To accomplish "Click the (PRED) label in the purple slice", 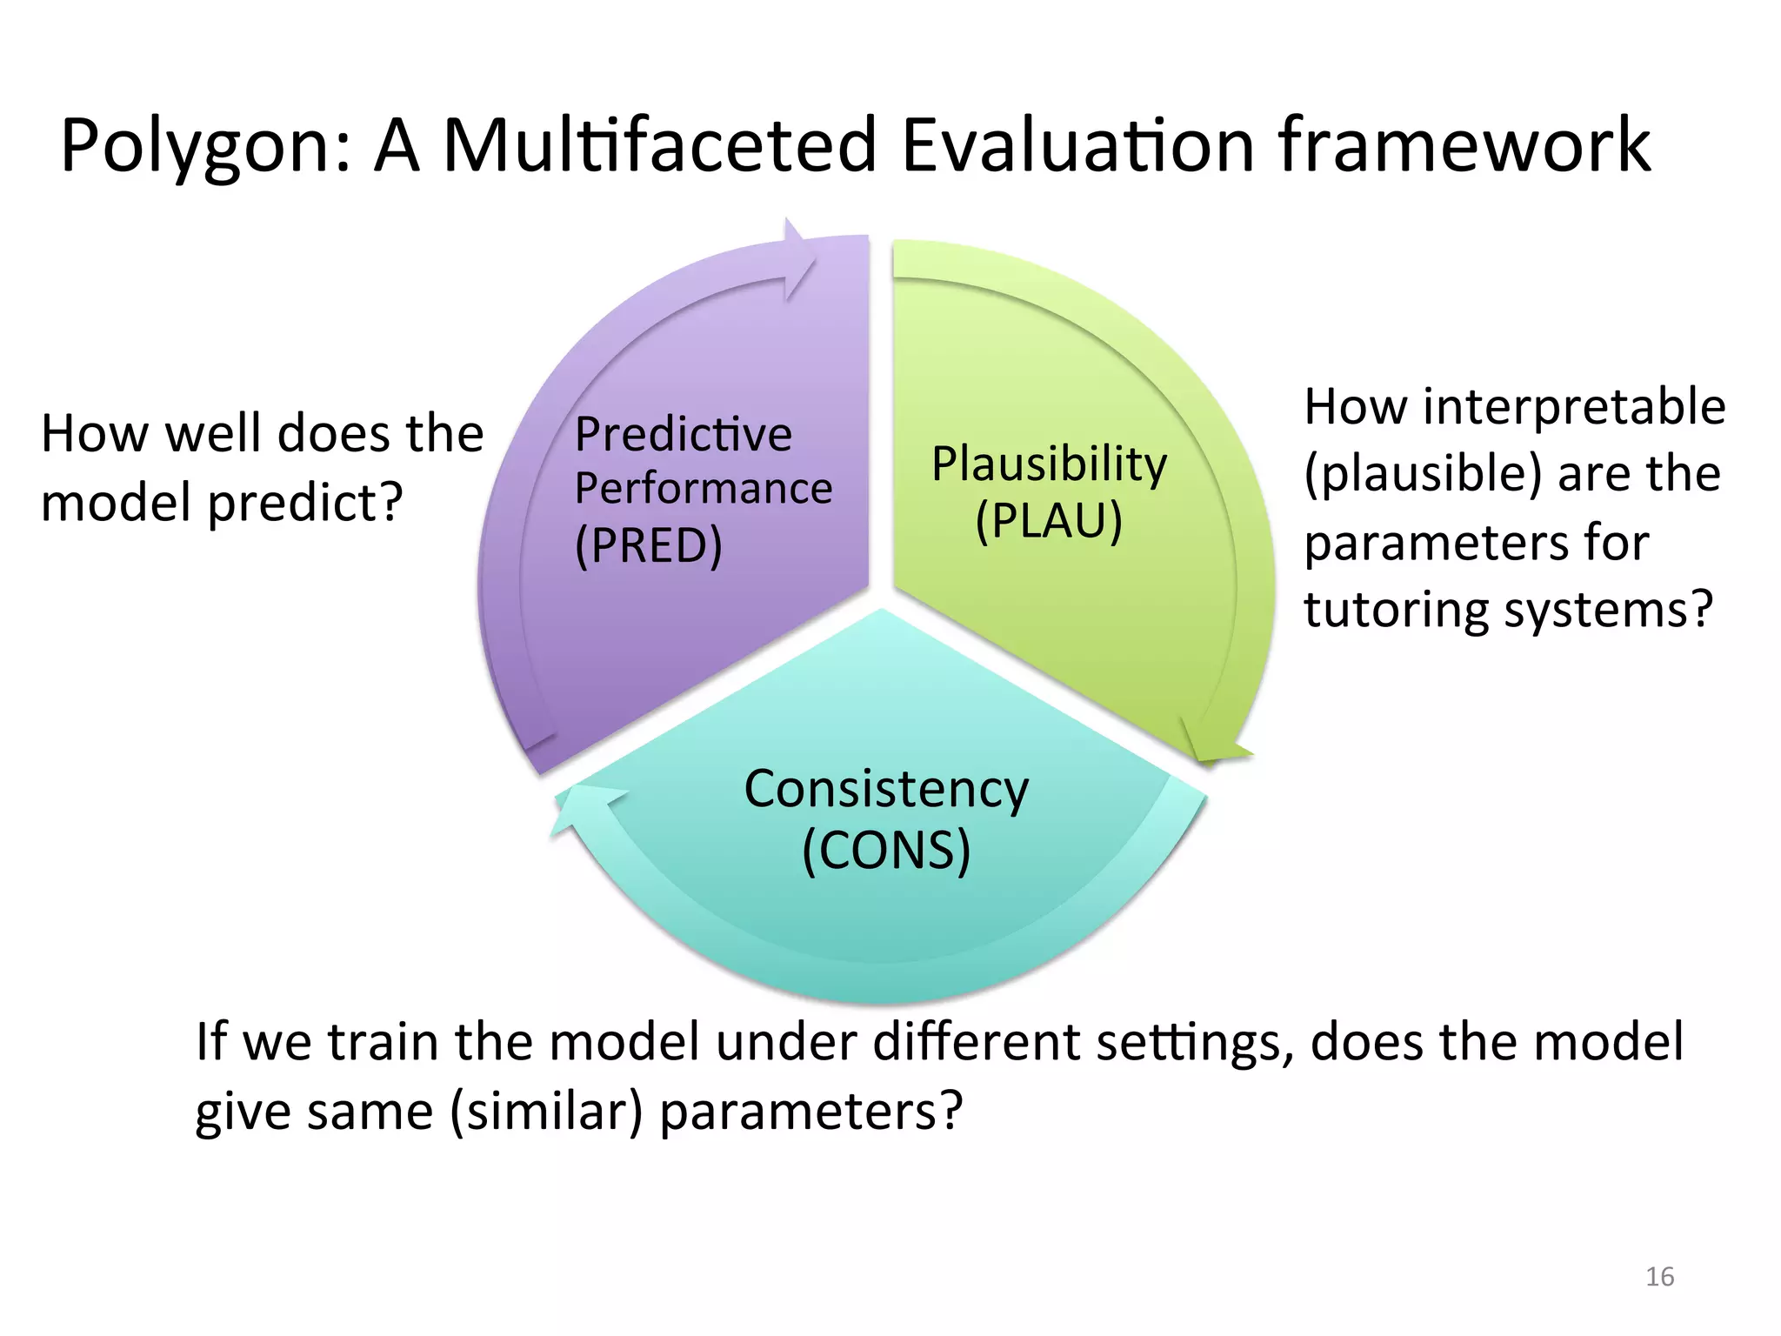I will (649, 545).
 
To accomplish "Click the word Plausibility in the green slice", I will (1049, 464).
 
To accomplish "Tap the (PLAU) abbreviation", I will (1049, 522).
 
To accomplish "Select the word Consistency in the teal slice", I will (886, 790).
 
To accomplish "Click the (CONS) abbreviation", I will (886, 850).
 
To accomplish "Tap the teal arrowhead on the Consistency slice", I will (584, 805).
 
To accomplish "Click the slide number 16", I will (1659, 1277).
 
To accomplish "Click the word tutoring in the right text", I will (1396, 609).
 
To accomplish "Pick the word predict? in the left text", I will (305, 504).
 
